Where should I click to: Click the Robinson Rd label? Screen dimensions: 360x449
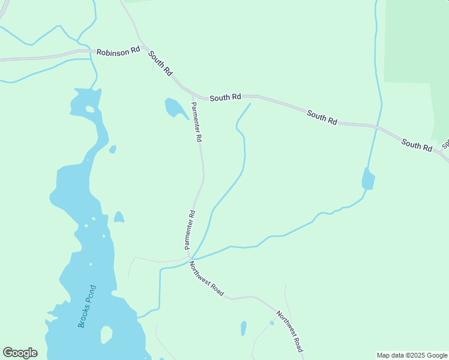click(x=118, y=52)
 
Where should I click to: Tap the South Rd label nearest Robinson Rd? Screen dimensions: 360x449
click(x=160, y=63)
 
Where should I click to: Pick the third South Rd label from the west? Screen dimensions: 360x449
click(x=322, y=116)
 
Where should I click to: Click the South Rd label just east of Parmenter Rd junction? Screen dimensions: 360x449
click(x=225, y=97)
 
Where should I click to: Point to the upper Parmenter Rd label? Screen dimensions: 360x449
click(x=196, y=122)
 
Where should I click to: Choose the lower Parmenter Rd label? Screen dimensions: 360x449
click(x=190, y=229)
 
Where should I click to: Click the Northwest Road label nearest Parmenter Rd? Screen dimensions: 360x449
click(x=206, y=278)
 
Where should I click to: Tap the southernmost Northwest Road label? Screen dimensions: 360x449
click(x=289, y=331)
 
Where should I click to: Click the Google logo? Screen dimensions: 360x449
click(x=20, y=353)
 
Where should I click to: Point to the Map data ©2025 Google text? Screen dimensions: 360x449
click(x=412, y=355)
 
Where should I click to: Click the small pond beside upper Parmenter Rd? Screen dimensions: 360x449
click(x=175, y=109)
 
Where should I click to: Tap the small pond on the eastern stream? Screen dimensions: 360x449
click(x=368, y=179)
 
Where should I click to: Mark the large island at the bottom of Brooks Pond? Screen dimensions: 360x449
click(x=106, y=334)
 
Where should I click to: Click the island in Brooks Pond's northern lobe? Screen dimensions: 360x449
click(x=90, y=109)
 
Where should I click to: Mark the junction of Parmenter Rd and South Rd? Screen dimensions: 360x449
click(x=192, y=95)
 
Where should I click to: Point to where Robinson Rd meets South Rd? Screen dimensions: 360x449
click(x=143, y=50)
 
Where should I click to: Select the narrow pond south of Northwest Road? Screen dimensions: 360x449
click(x=243, y=328)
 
